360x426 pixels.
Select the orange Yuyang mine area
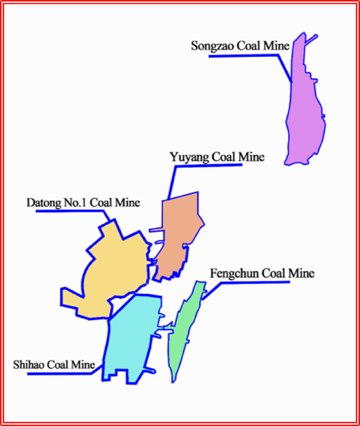179,231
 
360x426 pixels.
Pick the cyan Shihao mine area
131,337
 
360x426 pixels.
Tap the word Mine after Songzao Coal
277,46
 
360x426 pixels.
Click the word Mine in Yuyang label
252,157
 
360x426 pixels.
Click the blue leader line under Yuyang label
210,166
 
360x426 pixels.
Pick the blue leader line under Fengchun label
252,282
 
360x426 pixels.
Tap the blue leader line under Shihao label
58,373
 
